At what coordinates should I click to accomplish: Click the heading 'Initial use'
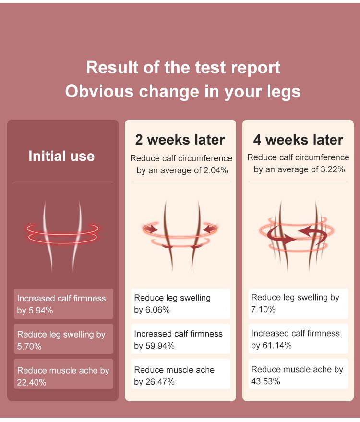click(61, 156)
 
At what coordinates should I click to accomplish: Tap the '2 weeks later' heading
click(180, 140)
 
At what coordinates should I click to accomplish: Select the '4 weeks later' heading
click(298, 140)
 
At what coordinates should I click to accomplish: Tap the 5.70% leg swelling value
click(29, 346)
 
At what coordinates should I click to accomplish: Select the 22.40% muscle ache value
click(32, 382)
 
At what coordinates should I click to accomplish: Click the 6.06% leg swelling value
click(157, 310)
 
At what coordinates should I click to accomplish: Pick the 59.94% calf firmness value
click(160, 346)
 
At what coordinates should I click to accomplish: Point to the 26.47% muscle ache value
click(160, 382)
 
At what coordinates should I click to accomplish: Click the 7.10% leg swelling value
click(263, 309)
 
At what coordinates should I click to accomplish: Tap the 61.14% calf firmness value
click(277, 345)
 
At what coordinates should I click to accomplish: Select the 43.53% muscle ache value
click(265, 381)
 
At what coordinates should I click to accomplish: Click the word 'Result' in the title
click(112, 67)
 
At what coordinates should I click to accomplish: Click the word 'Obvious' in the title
click(99, 92)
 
